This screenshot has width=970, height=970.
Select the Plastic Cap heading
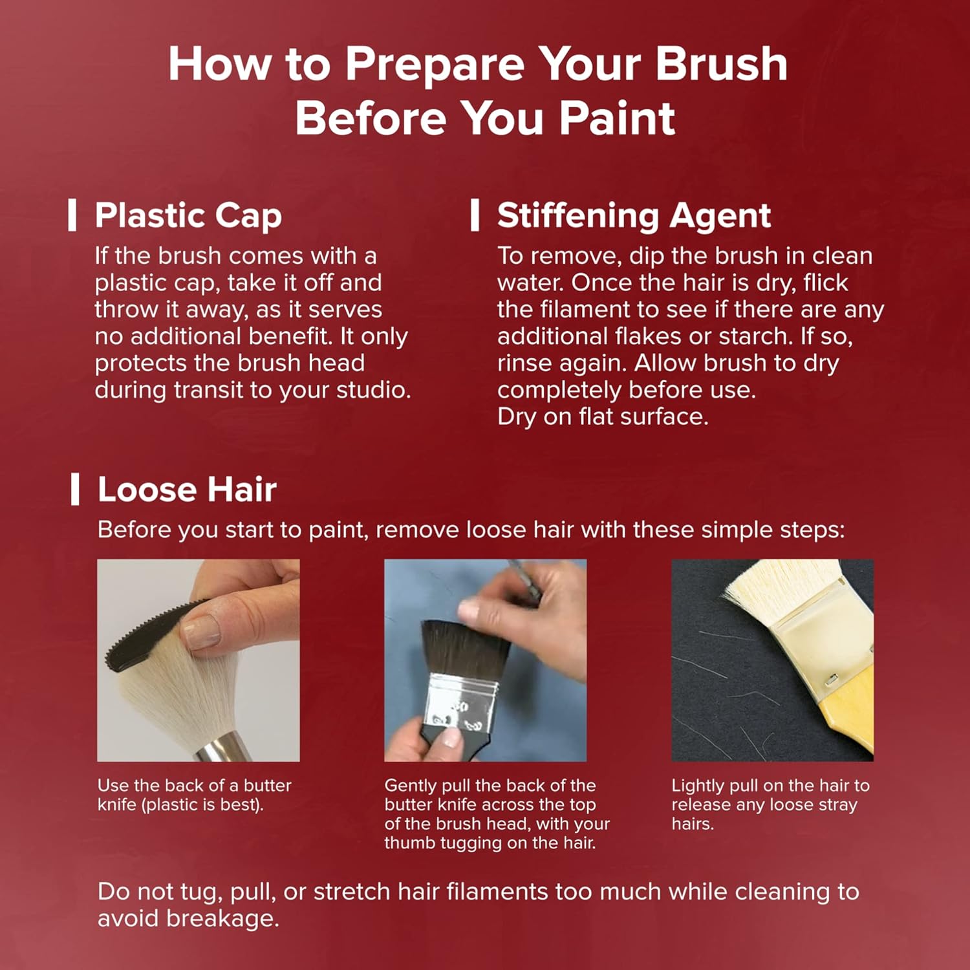pos(188,215)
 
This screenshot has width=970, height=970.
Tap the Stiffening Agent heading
pos(634,215)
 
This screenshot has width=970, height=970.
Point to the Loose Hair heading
pos(187,490)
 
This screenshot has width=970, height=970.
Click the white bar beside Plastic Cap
pos(72,215)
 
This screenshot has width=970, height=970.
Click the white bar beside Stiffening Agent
pos(475,215)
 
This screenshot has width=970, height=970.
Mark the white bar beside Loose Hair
pos(75,490)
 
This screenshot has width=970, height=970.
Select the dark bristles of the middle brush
pos(466,650)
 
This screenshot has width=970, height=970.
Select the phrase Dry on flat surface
pos(603,417)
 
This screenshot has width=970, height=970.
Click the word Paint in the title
pos(617,118)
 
